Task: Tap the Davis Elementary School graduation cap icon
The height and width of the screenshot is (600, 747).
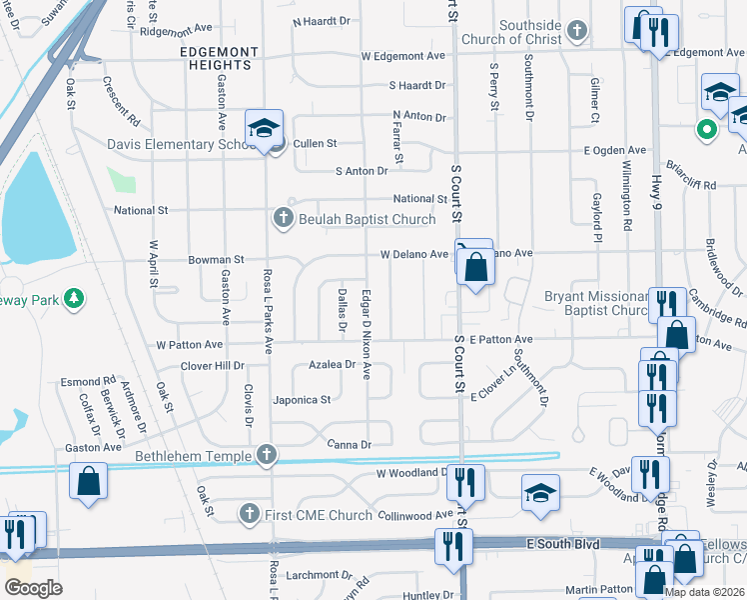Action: pyautogui.click(x=265, y=128)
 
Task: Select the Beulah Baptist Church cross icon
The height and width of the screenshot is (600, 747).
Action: pyautogui.click(x=284, y=218)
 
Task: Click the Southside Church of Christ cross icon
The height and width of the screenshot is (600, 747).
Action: pyautogui.click(x=576, y=31)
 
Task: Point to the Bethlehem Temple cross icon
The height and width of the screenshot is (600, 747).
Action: pyautogui.click(x=266, y=455)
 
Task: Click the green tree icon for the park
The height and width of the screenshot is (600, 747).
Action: pyautogui.click(x=72, y=298)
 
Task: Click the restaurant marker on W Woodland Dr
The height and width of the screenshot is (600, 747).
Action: pyautogui.click(x=465, y=482)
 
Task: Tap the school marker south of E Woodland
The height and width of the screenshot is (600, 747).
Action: pyautogui.click(x=540, y=492)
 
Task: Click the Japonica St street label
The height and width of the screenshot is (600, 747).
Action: pyautogui.click(x=305, y=400)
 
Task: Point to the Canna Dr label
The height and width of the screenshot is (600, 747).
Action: pyautogui.click(x=350, y=444)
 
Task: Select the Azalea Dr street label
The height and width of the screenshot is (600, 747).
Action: pyautogui.click(x=332, y=365)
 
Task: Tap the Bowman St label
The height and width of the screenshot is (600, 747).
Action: pyautogui.click(x=217, y=260)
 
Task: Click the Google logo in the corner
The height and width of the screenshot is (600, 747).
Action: pyautogui.click(x=34, y=588)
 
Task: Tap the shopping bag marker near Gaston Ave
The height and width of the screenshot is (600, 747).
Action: pyautogui.click(x=89, y=480)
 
